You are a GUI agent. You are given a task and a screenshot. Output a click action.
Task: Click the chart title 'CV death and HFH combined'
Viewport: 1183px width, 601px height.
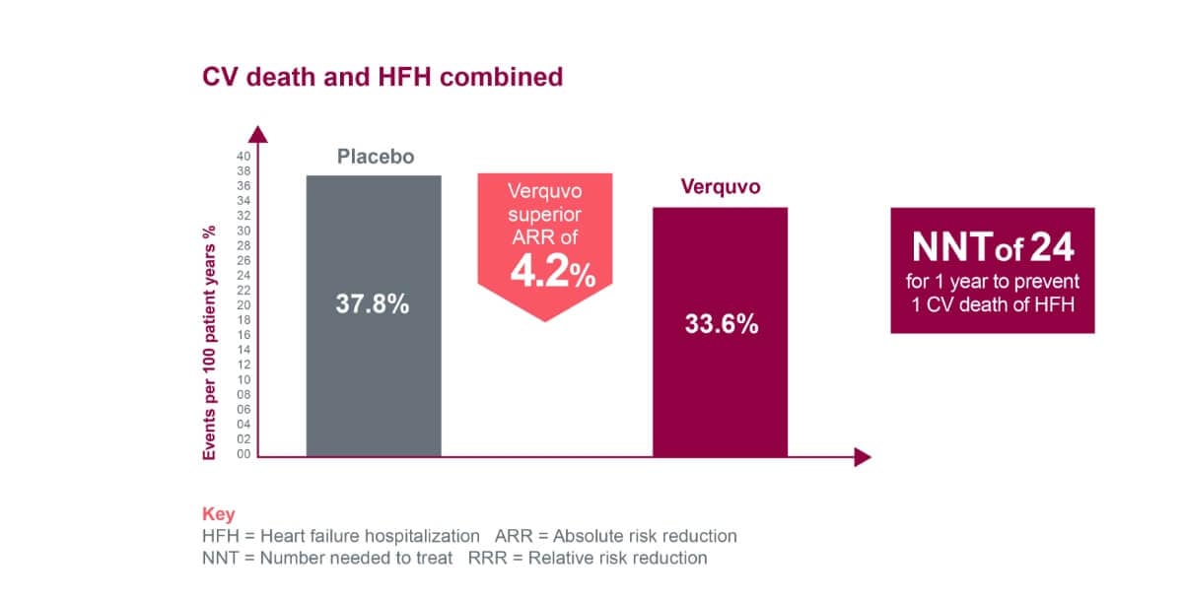point(383,77)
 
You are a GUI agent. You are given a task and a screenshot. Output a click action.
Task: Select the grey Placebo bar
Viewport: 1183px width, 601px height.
point(374,384)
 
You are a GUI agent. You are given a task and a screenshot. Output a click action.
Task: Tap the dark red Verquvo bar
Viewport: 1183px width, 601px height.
point(721,394)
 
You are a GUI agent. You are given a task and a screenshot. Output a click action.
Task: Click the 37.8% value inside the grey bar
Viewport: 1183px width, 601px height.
point(372,304)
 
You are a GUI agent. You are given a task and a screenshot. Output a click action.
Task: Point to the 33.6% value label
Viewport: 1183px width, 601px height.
point(722,323)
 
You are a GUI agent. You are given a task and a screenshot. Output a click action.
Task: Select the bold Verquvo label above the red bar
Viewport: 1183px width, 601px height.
point(721,186)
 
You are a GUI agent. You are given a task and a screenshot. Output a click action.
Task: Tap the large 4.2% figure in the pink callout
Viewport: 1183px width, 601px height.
point(552,272)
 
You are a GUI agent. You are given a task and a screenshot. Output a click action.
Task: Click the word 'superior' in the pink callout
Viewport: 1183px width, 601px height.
point(545,214)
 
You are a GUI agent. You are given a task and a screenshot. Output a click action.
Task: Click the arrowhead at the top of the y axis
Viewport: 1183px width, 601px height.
point(258,134)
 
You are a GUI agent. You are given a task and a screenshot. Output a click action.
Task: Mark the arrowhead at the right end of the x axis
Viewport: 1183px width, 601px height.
point(863,456)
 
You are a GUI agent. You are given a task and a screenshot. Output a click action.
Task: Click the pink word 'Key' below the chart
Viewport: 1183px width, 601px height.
point(218,514)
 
